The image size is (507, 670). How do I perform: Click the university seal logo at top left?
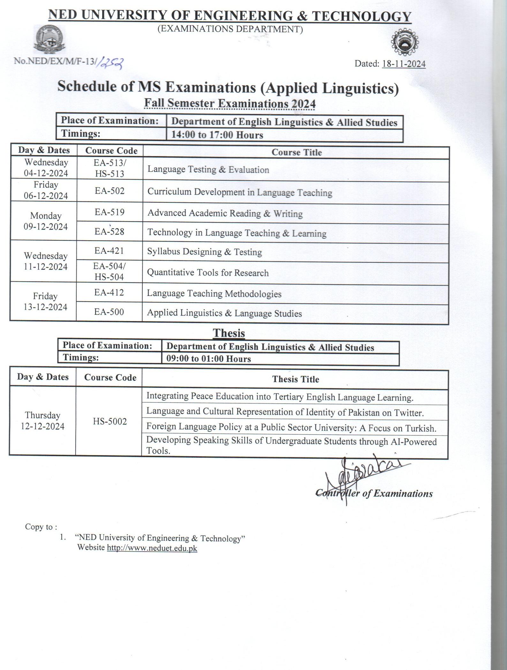pos(49,41)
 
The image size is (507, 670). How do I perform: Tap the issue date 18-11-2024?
pos(404,64)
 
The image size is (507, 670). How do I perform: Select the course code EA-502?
pos(110,191)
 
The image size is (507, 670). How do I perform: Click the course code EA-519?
pos(110,212)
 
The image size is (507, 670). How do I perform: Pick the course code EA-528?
pos(109,231)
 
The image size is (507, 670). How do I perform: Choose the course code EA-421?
pos(109,251)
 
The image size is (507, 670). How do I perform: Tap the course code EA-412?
pos(109,293)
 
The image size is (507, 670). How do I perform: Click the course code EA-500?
pos(109,312)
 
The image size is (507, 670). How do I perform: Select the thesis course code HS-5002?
pos(110,421)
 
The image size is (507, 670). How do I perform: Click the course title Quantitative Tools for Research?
pos(208,273)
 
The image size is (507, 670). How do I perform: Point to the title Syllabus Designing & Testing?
pos(204,252)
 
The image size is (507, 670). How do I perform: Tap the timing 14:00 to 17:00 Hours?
pos(217,135)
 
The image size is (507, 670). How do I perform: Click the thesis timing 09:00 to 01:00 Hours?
pos(208,359)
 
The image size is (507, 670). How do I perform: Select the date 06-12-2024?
pos(46,196)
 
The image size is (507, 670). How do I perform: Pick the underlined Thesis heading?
pos(229,333)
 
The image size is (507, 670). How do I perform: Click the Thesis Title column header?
pos(295,379)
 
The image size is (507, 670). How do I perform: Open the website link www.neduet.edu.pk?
pos(152,548)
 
